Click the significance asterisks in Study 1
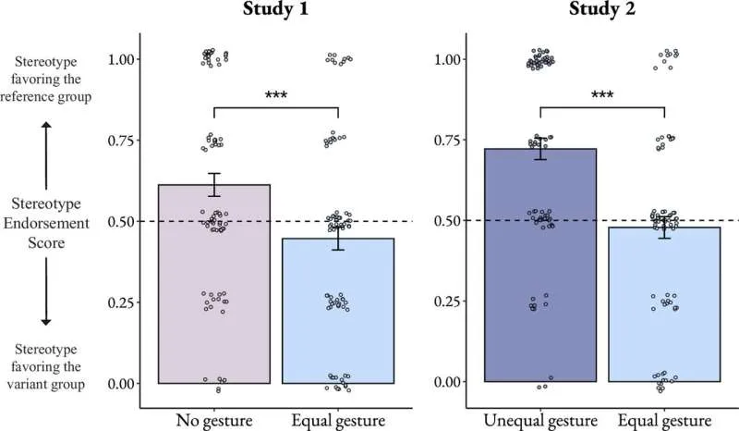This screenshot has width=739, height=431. (276, 96)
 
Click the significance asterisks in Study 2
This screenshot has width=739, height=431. (603, 96)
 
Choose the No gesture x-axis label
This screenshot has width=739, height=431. (214, 422)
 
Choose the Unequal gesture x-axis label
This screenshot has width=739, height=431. (540, 422)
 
